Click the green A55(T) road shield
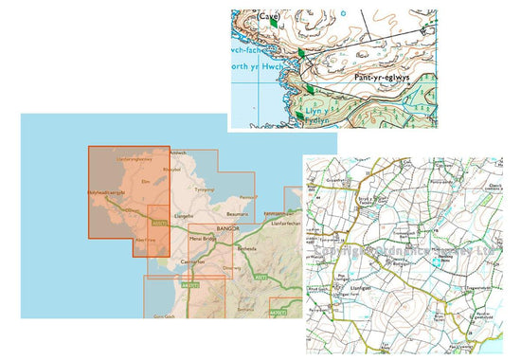coord(159,225)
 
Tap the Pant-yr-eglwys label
coord(380,80)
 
